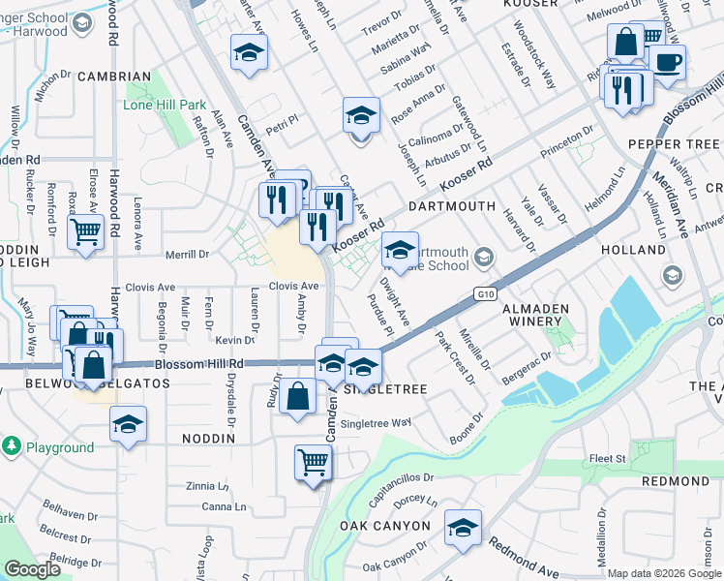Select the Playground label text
click(60, 447)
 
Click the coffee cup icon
click(668, 64)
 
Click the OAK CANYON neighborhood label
click(384, 525)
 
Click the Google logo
click(32, 569)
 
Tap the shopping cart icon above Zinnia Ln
click(313, 462)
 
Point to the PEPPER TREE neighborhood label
click(674, 144)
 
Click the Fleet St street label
click(607, 458)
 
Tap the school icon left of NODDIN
click(128, 425)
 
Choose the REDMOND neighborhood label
click(675, 481)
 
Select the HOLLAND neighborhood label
click(633, 249)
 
